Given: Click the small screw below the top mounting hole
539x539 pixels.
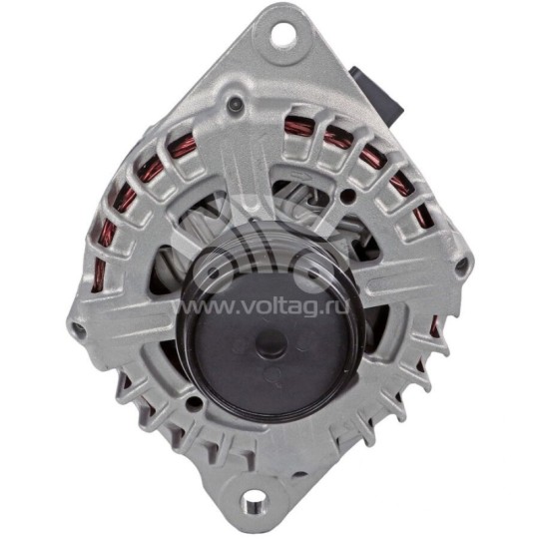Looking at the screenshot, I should pyautogui.click(x=236, y=100).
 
